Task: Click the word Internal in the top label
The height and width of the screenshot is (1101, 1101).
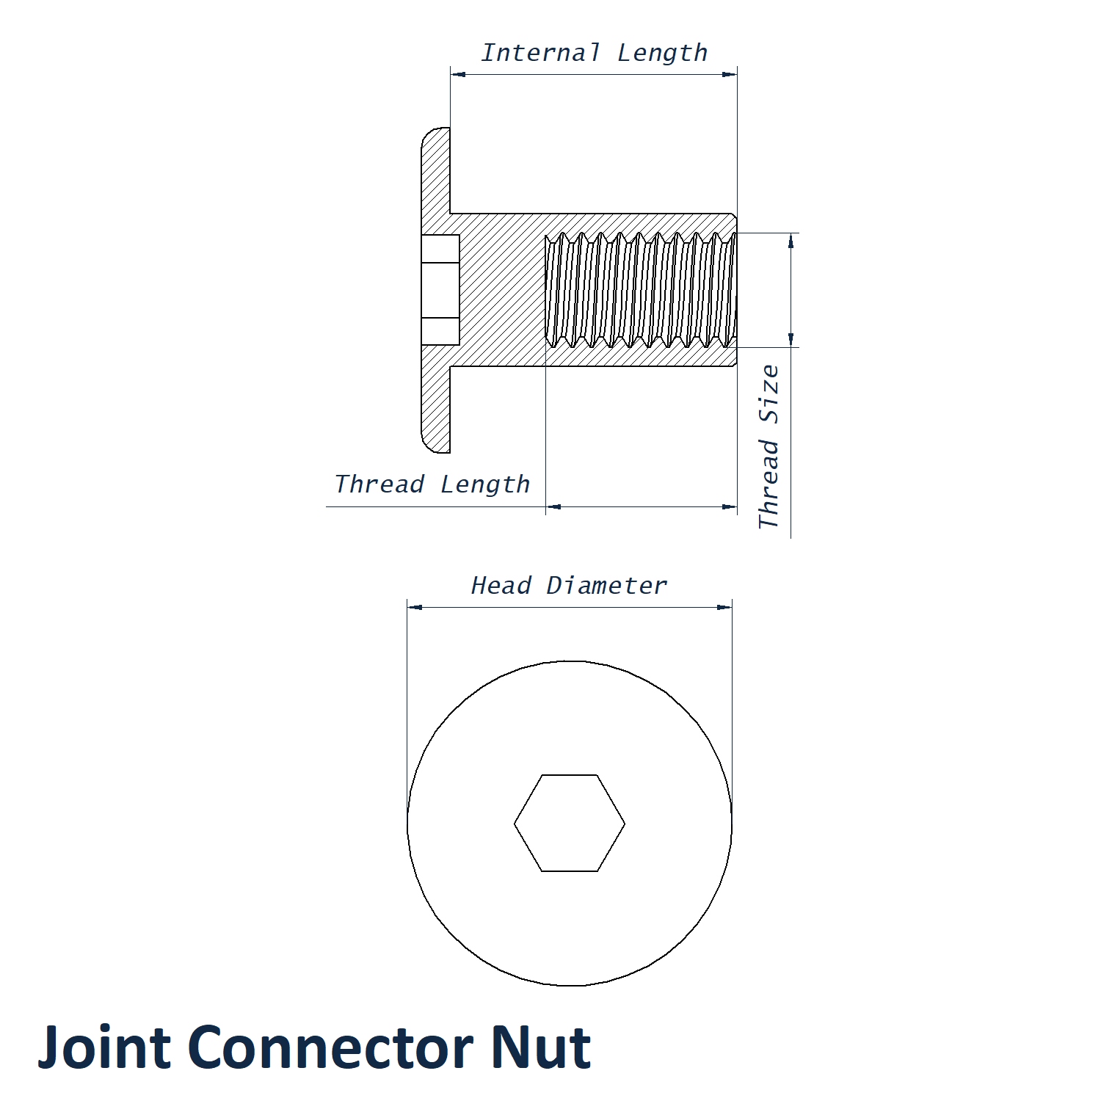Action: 540,53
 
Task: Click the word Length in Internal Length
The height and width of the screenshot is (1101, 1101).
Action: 662,53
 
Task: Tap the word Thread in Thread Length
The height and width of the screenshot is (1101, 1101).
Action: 379,484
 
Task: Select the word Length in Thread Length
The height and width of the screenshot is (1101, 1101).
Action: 485,484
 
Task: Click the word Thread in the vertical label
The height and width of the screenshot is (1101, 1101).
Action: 769,484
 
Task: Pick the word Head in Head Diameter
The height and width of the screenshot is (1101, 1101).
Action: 501,586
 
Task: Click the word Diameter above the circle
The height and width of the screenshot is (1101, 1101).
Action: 606,586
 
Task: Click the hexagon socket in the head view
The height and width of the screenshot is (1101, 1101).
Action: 570,824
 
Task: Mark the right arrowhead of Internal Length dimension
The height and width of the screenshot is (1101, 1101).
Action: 730,74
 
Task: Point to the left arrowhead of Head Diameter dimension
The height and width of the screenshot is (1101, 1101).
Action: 415,608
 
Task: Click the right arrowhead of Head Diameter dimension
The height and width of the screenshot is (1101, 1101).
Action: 724,608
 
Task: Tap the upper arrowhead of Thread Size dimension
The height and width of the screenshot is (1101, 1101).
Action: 791,241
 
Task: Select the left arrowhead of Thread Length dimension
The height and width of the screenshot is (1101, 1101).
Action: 553,506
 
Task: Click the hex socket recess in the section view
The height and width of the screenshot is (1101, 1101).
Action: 440,290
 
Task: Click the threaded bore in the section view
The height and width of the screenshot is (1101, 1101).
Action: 640,290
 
